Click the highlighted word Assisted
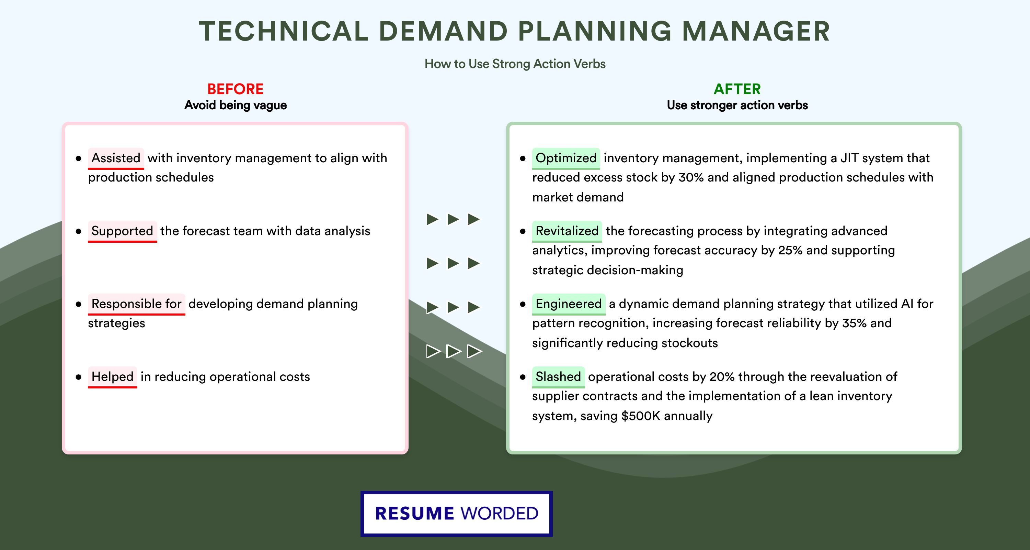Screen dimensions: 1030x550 click(x=116, y=158)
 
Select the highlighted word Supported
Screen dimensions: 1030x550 click(x=122, y=231)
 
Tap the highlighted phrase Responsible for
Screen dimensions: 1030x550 click(x=136, y=304)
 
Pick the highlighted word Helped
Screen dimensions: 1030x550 click(x=112, y=377)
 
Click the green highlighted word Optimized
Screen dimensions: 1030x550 click(x=566, y=158)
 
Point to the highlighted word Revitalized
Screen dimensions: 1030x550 click(x=567, y=231)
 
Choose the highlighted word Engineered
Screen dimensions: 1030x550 click(x=569, y=304)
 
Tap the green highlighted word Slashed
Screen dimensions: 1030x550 click(x=558, y=377)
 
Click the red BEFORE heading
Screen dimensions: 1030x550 click(x=236, y=89)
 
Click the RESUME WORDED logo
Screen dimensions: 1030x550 click(x=457, y=514)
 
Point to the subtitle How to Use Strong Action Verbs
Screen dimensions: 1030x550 click(x=515, y=64)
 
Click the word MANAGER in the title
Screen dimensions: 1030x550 click(x=756, y=31)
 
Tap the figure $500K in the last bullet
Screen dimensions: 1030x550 click(x=641, y=416)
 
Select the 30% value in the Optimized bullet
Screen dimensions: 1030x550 click(x=691, y=177)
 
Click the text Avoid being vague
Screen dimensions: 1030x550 click(x=236, y=105)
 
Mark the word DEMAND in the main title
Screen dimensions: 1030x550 click(x=443, y=31)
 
